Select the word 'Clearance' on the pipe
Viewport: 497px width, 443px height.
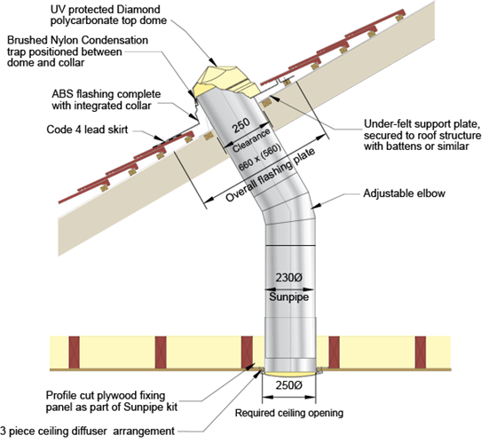249,143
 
